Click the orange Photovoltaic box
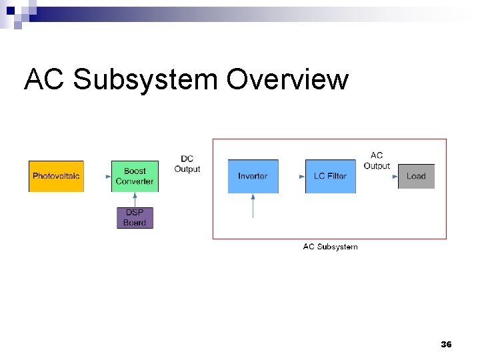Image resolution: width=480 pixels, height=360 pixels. [x=56, y=176]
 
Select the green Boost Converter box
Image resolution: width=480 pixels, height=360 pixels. [x=135, y=176]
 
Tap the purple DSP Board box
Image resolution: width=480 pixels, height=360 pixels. [x=135, y=218]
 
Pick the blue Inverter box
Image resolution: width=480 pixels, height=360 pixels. [x=253, y=176]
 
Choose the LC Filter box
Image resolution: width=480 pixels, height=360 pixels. [x=331, y=176]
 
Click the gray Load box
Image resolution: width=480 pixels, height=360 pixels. [x=416, y=176]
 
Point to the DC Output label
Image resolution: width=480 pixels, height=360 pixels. [x=187, y=164]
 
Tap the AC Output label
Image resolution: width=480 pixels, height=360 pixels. [x=377, y=161]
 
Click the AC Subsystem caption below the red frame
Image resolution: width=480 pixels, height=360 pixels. [x=330, y=247]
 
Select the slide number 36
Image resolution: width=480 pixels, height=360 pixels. [x=446, y=345]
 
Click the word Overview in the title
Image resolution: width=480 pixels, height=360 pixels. [x=287, y=80]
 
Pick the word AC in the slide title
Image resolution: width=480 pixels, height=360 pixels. [x=45, y=80]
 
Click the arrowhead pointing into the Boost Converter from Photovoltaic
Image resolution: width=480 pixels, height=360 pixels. [x=108, y=176]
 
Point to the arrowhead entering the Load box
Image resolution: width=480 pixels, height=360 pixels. [x=394, y=176]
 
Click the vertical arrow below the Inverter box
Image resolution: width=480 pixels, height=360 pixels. [x=253, y=205]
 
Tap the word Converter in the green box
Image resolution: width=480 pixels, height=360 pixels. [x=135, y=181]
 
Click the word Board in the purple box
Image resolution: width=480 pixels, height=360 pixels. [x=135, y=223]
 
